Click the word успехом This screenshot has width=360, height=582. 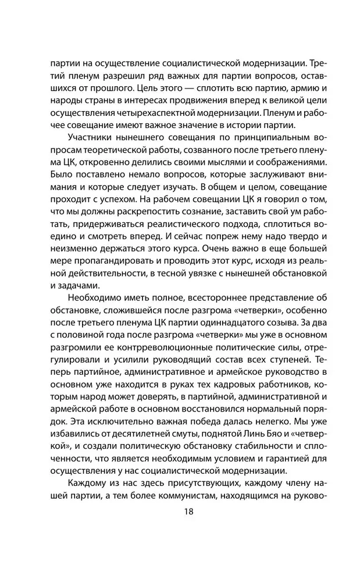123,202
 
